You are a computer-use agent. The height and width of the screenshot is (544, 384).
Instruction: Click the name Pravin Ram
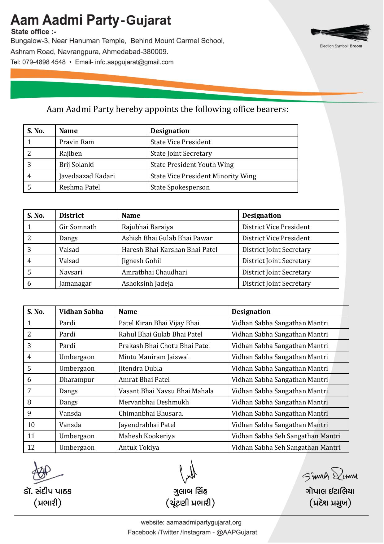coord(76,142)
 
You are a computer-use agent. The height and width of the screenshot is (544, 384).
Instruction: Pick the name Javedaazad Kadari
coord(87,176)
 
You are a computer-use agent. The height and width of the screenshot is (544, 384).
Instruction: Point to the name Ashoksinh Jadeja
coord(147,283)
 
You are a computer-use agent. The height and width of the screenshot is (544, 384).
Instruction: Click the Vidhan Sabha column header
coord(81,312)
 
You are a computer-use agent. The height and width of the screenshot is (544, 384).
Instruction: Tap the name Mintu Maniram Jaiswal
coord(154,357)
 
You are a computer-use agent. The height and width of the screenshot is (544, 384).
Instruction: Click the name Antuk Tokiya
coord(139,448)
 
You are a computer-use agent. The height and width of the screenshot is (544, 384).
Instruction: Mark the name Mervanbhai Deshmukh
coord(154,402)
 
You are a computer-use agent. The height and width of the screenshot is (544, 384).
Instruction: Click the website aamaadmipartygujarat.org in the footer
coord(204,523)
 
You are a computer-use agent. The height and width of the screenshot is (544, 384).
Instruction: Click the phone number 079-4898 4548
coord(44,62)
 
